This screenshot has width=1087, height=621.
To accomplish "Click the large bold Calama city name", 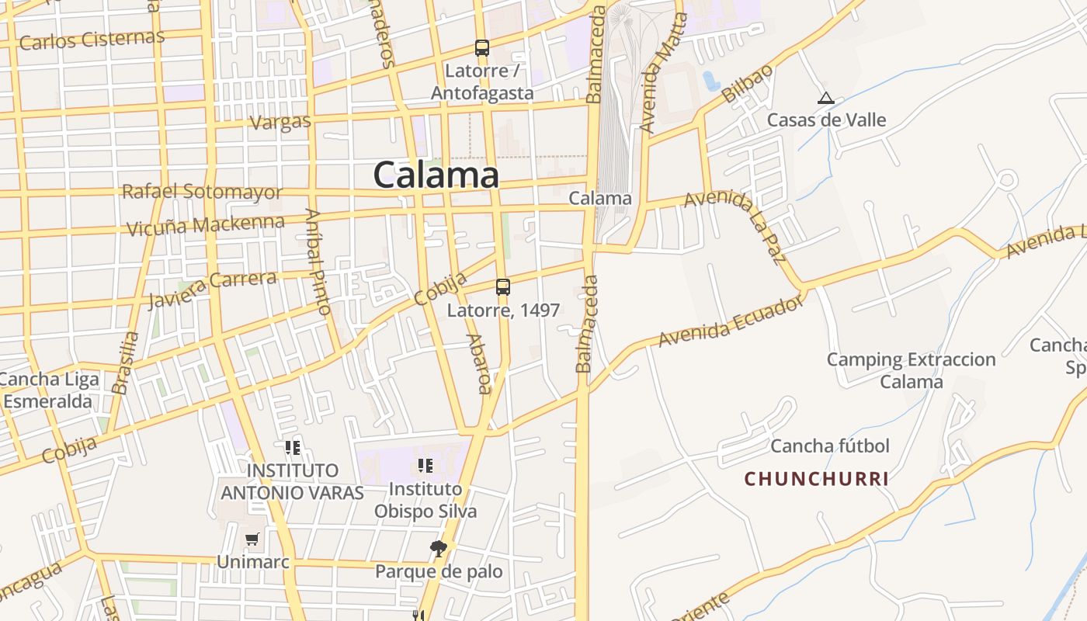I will tap(436, 175).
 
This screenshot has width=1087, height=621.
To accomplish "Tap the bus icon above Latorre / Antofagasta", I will tap(482, 48).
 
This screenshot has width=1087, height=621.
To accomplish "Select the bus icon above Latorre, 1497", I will tap(503, 287).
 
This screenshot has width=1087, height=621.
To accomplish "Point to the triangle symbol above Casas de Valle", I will tap(826, 99).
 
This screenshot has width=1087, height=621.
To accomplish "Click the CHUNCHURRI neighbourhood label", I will tap(817, 479).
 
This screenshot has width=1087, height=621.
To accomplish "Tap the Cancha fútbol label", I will tap(830, 446).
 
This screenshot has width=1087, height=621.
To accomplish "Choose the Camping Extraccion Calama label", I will tap(911, 370).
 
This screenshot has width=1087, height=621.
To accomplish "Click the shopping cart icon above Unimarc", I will tap(252, 539).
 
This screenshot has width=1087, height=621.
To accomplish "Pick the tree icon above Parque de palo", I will tap(439, 549).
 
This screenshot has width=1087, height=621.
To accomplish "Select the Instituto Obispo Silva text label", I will tap(425, 500).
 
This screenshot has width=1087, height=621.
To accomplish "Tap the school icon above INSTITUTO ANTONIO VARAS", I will tap(293, 448).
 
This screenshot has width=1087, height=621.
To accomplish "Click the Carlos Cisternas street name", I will tap(92, 39).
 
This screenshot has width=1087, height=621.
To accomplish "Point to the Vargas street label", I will tap(280, 122).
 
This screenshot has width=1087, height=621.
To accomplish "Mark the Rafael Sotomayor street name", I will tap(202, 192).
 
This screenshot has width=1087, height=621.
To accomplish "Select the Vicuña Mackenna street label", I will tap(206, 226).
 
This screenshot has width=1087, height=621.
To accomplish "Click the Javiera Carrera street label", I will tap(212, 288).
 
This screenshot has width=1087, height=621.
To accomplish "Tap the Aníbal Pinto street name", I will tap(318, 262).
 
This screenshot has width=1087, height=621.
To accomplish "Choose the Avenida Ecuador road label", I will tap(731, 322).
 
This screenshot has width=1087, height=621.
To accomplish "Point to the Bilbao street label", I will tap(747, 84).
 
